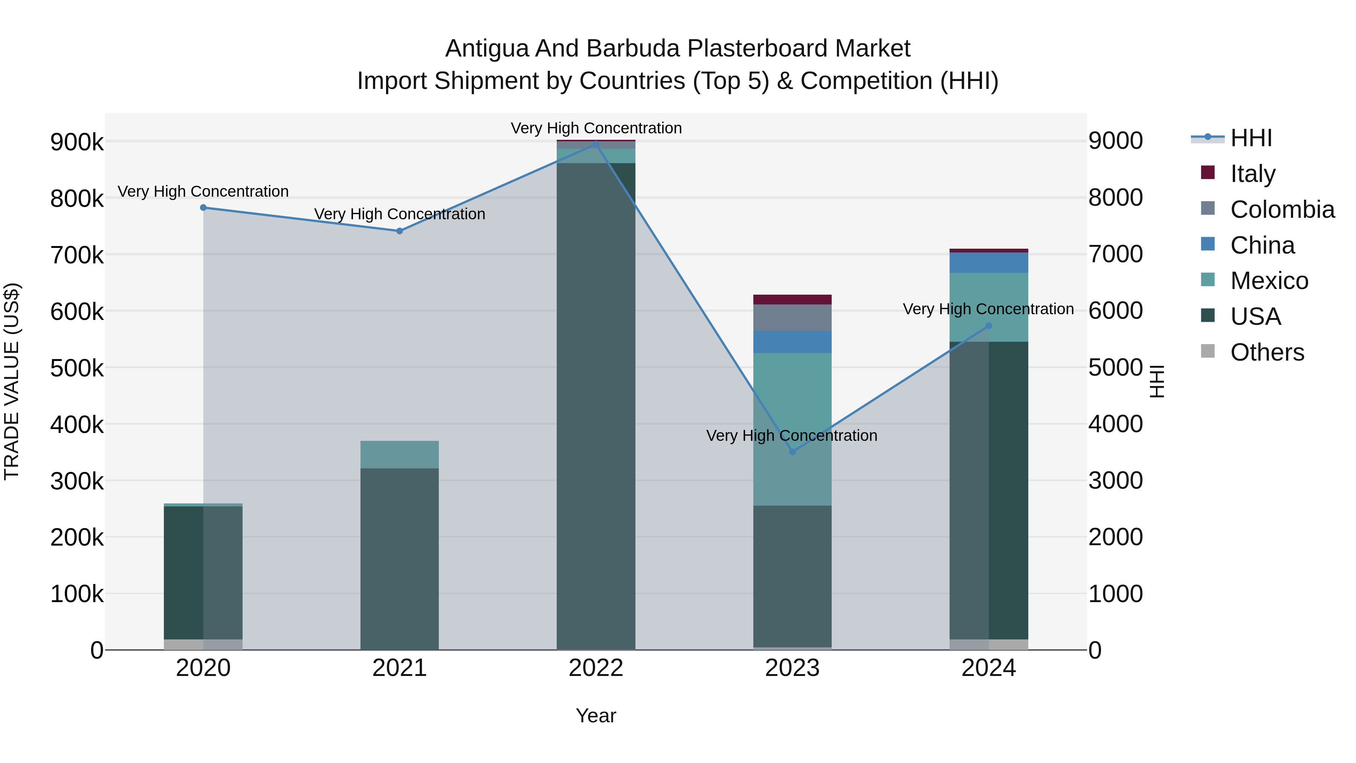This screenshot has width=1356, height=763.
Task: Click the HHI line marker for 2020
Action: click(203, 208)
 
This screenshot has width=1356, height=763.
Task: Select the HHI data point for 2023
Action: click(792, 452)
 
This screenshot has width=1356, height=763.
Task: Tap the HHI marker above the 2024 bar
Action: click(989, 326)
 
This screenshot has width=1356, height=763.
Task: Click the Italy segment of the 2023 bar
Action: click(792, 299)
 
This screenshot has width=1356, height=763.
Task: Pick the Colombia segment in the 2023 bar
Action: click(792, 318)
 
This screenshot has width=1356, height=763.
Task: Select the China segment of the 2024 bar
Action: click(989, 262)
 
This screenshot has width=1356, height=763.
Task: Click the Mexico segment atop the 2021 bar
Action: click(400, 454)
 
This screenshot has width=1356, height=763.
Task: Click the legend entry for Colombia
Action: click(1282, 209)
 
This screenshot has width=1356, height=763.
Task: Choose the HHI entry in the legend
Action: click(1251, 138)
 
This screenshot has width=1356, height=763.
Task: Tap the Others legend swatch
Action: click(1208, 351)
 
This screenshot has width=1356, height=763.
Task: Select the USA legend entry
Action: click(1255, 317)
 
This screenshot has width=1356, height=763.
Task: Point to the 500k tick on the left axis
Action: click(77, 367)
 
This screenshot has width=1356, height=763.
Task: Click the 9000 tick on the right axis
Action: click(1115, 141)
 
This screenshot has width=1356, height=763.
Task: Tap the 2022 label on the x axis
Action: click(596, 668)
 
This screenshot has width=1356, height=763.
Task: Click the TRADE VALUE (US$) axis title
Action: click(12, 381)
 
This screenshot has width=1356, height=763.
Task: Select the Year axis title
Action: click(596, 716)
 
